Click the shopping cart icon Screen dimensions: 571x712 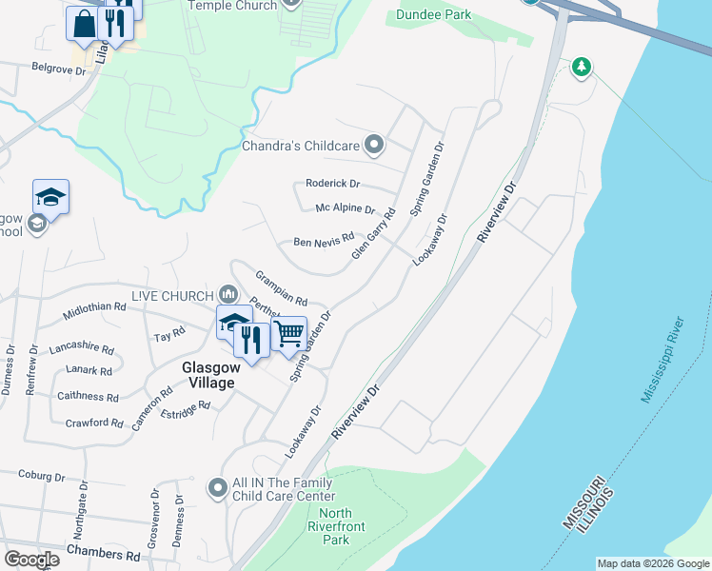click(289, 334)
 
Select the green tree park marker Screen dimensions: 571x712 click(581, 67)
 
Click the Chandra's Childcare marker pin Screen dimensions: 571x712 click(375, 146)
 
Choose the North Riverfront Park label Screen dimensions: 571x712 click(328, 526)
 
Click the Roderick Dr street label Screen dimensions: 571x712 click(332, 184)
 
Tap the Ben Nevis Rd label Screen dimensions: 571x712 click(324, 242)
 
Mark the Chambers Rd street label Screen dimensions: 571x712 click(104, 554)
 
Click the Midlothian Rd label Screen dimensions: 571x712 click(94, 308)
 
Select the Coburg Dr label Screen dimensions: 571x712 click(41, 476)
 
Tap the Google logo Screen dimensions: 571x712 click(31, 560)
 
